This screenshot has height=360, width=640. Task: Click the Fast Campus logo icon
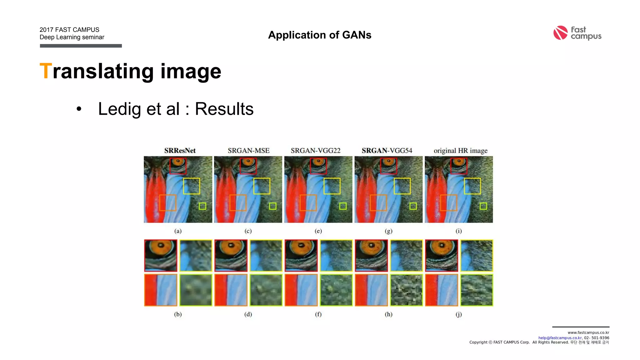coord(560,33)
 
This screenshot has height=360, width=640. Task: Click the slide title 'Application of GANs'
coord(320,35)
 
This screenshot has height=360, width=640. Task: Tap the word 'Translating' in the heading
coord(97,71)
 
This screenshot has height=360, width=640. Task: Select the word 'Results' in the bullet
coord(224,109)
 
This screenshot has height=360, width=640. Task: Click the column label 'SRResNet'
coord(180,151)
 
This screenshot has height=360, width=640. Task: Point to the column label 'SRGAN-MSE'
coord(248,151)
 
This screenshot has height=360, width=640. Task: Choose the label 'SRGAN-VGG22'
coord(316,151)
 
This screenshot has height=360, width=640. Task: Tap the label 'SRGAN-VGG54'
coord(387,151)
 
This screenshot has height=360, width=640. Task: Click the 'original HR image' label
coord(460,151)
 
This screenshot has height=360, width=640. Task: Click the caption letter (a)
coord(178,231)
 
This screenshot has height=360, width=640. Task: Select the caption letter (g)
coord(388,231)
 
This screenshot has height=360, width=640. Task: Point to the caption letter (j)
coord(458,314)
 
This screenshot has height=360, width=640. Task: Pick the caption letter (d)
coord(248,314)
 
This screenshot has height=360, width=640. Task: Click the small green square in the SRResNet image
coord(202,206)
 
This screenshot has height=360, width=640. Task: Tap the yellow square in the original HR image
coord(472,186)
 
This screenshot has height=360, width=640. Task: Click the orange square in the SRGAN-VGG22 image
coord(308,203)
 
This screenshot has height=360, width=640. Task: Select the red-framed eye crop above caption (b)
coord(161,255)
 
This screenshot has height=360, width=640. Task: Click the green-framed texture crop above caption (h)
coord(406,290)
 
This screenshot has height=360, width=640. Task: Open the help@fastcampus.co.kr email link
coord(560,338)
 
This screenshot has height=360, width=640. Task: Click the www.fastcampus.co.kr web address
coord(588,332)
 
